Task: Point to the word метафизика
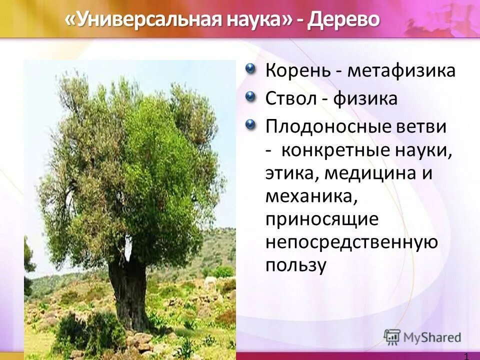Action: click(401, 70)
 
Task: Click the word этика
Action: click(290, 173)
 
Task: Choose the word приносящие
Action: click(321, 219)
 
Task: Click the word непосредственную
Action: click(351, 242)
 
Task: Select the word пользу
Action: click(295, 265)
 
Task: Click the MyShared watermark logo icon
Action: click(392, 337)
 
